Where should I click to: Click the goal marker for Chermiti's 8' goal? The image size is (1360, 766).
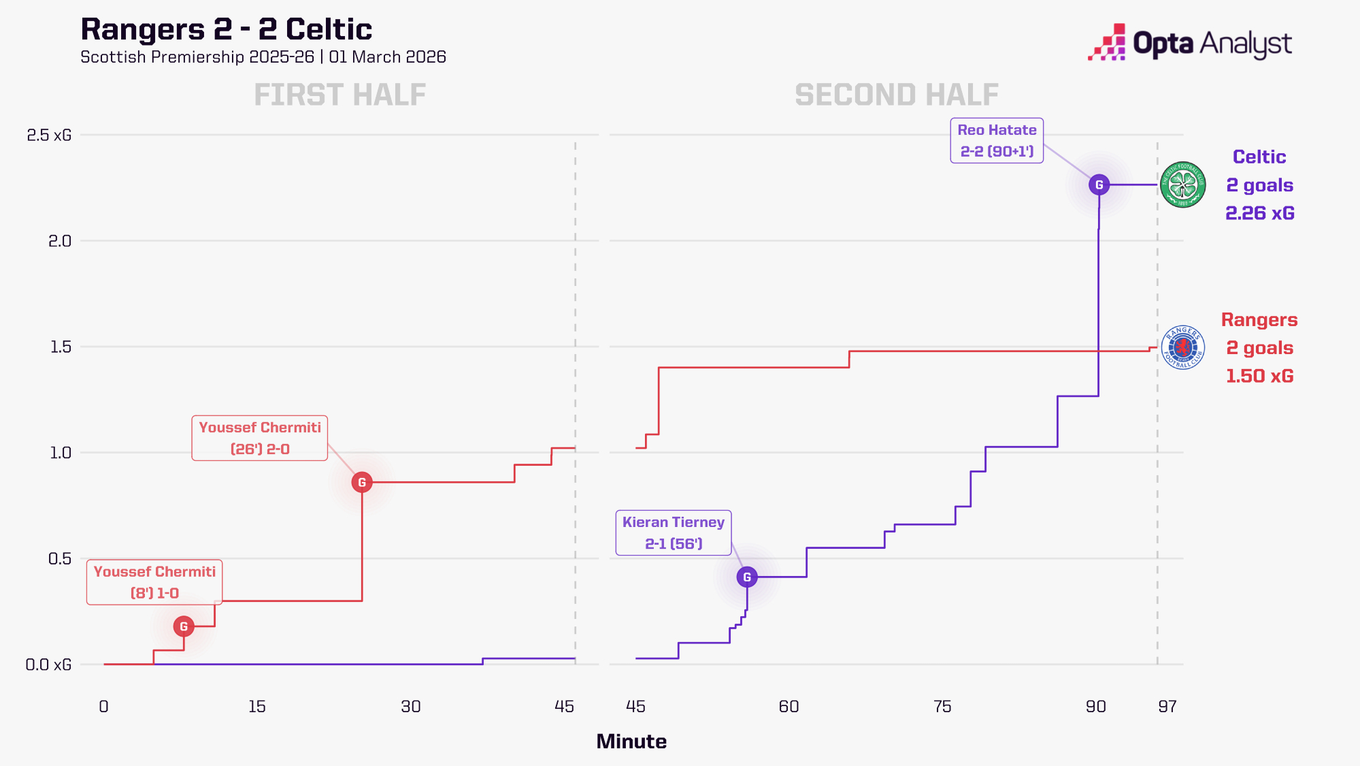[x=184, y=626]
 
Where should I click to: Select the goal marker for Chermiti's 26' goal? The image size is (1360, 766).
[x=362, y=482]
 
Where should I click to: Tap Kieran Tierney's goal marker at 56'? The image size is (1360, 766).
[x=747, y=577]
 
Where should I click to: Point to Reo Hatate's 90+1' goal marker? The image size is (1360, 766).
[x=1099, y=185]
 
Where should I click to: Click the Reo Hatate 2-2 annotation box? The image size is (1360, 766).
[x=997, y=141]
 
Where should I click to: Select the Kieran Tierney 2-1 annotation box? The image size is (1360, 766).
[x=674, y=533]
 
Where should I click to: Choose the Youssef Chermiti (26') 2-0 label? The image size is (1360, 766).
[x=260, y=438]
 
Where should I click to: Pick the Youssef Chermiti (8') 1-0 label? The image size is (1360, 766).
[x=154, y=582]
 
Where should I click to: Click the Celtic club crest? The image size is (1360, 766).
[x=1183, y=185]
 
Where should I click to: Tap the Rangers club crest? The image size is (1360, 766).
[x=1183, y=347]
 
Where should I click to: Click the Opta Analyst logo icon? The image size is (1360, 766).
[x=1107, y=43]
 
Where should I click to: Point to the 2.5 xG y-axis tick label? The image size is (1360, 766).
[x=49, y=135]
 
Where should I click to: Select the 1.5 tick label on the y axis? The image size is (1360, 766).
[x=61, y=347]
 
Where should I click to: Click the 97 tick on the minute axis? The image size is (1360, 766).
[x=1167, y=706]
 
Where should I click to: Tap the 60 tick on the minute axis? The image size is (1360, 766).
[x=789, y=706]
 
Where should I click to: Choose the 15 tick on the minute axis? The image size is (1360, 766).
[x=257, y=706]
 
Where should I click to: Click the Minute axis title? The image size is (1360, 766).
[x=631, y=741]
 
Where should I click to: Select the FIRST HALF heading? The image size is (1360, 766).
[x=340, y=95]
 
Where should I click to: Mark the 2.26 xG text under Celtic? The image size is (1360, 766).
[x=1260, y=213]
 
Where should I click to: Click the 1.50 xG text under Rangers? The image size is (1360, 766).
[x=1260, y=376]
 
